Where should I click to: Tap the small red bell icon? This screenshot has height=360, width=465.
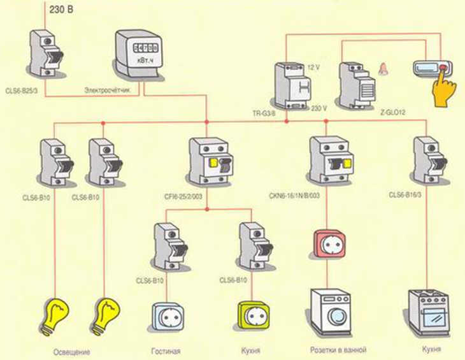click(384, 69)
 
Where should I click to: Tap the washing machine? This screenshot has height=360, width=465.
click(331, 312)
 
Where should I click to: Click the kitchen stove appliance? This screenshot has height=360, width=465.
click(428, 313)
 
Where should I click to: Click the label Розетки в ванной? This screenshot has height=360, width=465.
click(338, 350)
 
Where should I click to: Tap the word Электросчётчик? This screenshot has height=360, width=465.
click(108, 92)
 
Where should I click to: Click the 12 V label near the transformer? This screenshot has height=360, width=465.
click(313, 66)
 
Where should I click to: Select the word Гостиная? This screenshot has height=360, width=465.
click(166, 351)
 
